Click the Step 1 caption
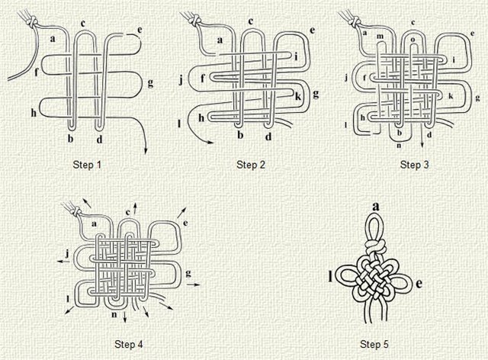[x=87, y=165]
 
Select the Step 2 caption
[x=251, y=165]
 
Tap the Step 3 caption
[x=414, y=165]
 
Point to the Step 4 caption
[x=129, y=344]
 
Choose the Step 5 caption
[x=374, y=344]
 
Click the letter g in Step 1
[x=150, y=83]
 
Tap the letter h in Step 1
[x=34, y=113]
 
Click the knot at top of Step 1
[x=31, y=22]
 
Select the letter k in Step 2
[x=298, y=96]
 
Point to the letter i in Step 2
[x=296, y=56]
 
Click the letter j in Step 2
[x=181, y=80]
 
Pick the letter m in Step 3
[x=380, y=37]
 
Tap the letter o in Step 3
[x=413, y=40]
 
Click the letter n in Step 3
[x=399, y=145]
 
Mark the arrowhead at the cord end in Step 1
[x=146, y=151]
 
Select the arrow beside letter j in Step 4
[x=64, y=262]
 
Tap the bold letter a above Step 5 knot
[x=376, y=207]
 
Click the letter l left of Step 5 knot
[x=330, y=277]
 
